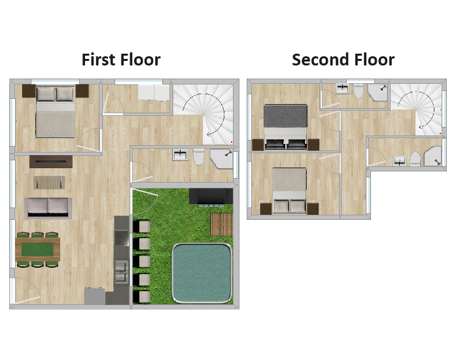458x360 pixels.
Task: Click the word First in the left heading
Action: point(98,60)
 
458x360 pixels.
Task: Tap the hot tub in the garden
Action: point(202,273)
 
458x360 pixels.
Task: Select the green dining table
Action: point(38,249)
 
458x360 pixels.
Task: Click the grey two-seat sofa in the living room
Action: point(48,208)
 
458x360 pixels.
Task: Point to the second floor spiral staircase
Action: point(417,109)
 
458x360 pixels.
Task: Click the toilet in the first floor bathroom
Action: point(199,156)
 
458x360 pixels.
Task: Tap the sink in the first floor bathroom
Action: point(181,154)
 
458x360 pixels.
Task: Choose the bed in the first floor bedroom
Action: point(55,111)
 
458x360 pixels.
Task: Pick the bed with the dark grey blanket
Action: point(285,128)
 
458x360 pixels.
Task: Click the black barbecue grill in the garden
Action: point(211,196)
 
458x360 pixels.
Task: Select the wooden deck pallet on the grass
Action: point(222,225)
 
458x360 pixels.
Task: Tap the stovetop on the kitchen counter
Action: point(122,238)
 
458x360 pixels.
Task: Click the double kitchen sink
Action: point(122,272)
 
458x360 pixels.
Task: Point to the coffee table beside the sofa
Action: point(49,183)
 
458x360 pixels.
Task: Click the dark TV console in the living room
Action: point(51,162)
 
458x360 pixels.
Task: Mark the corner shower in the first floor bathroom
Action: point(222,159)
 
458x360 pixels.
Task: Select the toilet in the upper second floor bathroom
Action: point(358,92)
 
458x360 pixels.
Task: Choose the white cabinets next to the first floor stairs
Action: point(154,93)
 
